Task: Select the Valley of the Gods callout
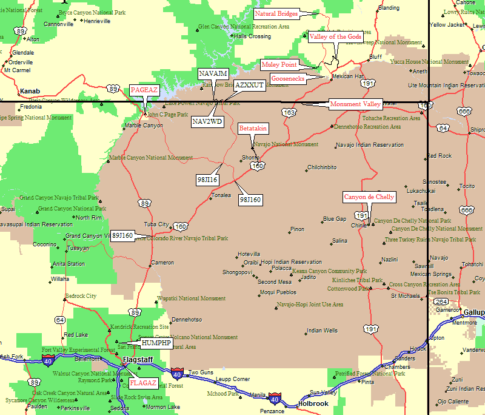[x=335, y=37]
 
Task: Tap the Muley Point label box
[x=279, y=64]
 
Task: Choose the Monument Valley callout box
[x=355, y=104]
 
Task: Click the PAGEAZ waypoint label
[x=144, y=90]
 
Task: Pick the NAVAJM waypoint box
[x=213, y=73]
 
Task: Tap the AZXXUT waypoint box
[x=249, y=85]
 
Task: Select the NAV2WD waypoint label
[x=207, y=121]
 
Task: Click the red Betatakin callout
[x=253, y=129]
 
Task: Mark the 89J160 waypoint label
[x=122, y=235]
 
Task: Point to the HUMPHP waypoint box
[x=156, y=343]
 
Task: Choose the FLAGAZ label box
[x=144, y=383]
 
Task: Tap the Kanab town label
[x=29, y=92]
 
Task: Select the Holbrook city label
[x=313, y=403]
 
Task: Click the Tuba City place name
[x=156, y=224]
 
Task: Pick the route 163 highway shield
[x=289, y=112]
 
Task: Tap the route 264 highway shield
[x=441, y=302]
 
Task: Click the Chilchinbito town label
[x=321, y=167]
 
